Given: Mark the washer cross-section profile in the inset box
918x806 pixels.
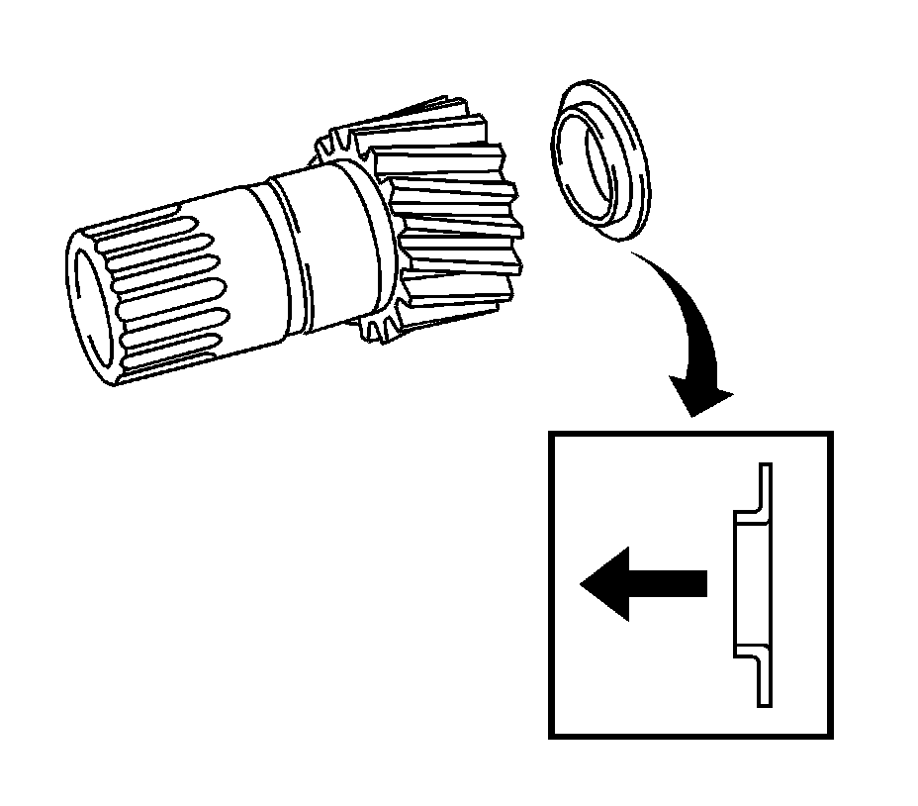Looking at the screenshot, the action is (752, 584).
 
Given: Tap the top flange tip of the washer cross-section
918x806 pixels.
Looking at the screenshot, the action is (764, 469).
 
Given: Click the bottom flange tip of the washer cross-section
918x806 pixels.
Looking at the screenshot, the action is (764, 700).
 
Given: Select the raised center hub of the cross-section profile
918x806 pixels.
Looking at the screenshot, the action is (740, 584).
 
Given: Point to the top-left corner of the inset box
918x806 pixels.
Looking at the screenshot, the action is (551, 434).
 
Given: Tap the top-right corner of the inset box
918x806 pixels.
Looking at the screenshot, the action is (830, 434).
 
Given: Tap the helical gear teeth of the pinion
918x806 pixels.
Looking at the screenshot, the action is (450, 213).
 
